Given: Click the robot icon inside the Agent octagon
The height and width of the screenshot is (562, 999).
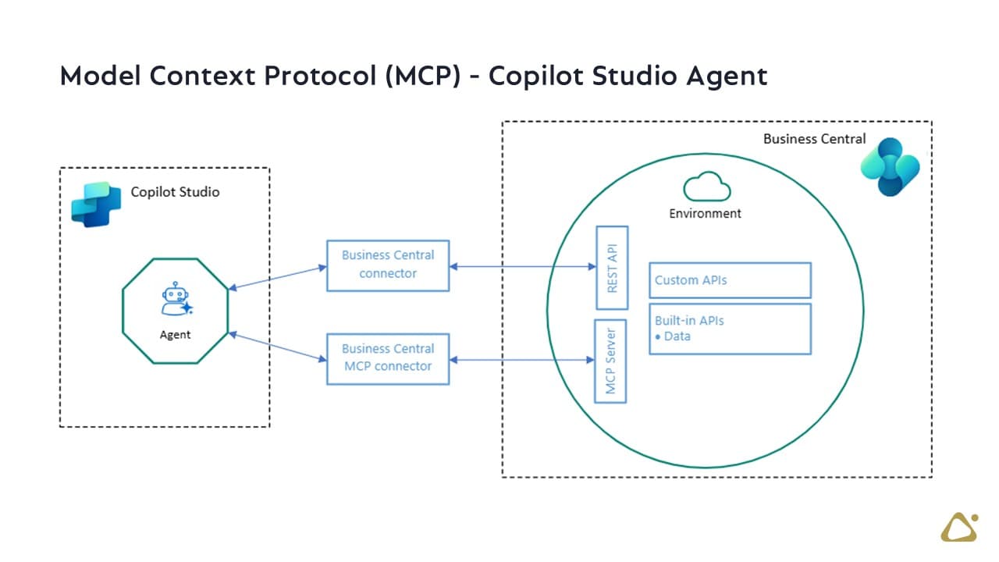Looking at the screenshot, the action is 176,299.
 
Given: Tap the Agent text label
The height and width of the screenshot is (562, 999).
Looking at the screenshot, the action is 176,335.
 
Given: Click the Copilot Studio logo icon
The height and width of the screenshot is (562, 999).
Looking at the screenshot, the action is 96,205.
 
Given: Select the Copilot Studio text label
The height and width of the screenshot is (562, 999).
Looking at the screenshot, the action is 176,192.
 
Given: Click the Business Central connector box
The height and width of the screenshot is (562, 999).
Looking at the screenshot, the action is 388,266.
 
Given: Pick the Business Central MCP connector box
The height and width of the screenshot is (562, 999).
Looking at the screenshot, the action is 388,359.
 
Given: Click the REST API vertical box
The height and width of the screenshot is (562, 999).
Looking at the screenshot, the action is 613,268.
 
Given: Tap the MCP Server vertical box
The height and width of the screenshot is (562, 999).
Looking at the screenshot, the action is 610,361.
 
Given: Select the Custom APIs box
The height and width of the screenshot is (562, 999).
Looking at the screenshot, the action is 730,280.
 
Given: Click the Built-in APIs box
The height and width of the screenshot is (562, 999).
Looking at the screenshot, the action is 730,329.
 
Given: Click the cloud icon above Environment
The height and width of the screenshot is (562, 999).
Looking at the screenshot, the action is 707,187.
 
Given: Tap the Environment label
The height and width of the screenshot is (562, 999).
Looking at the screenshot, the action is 705,214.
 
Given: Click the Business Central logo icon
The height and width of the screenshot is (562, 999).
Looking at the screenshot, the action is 891,167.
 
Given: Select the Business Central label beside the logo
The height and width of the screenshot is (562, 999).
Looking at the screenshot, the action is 814,139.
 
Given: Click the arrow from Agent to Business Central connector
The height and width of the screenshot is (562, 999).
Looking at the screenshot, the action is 277,278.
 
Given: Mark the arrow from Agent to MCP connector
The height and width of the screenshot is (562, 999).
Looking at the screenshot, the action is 277,347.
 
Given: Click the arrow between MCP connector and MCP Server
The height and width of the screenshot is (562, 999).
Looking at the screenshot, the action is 522,360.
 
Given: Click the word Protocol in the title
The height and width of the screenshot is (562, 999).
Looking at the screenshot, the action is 320,76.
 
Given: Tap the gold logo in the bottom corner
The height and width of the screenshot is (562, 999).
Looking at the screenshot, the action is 959,527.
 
